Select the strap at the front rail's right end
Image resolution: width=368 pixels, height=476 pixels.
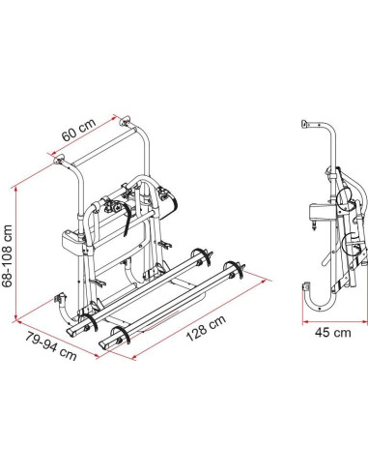(x=236, y=271)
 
